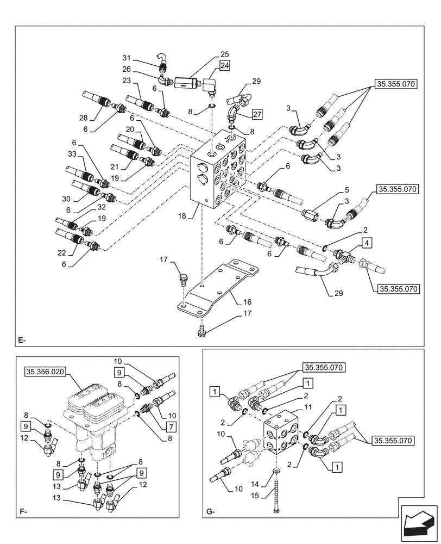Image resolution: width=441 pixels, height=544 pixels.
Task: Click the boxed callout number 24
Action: click(x=225, y=66)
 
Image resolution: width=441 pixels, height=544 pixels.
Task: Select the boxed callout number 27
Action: click(x=257, y=115)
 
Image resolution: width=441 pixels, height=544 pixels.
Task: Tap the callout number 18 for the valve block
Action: click(x=182, y=216)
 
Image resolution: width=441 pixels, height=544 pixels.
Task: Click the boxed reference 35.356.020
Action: click(x=45, y=372)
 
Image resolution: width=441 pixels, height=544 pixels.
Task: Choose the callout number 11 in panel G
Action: click(x=293, y=407)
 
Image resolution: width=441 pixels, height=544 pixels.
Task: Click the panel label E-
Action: click(x=22, y=341)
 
